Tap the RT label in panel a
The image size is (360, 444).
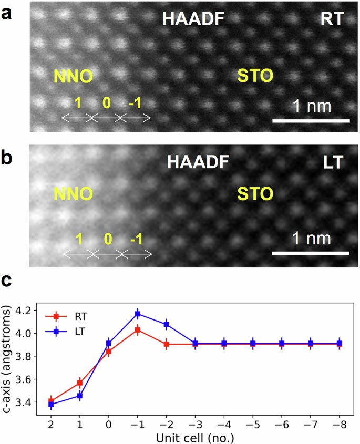[x=331, y=19]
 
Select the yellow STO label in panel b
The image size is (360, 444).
[x=255, y=194]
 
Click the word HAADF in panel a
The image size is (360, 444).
[x=193, y=19]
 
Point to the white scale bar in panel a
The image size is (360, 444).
[x=311, y=121]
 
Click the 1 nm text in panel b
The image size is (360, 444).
[x=312, y=239]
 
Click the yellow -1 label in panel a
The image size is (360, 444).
[x=135, y=104]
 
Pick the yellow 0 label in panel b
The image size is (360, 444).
[x=108, y=240]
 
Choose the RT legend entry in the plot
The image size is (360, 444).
[x=76, y=316]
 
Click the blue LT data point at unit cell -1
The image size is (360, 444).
[x=138, y=314]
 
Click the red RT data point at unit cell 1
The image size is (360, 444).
[x=80, y=368]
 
